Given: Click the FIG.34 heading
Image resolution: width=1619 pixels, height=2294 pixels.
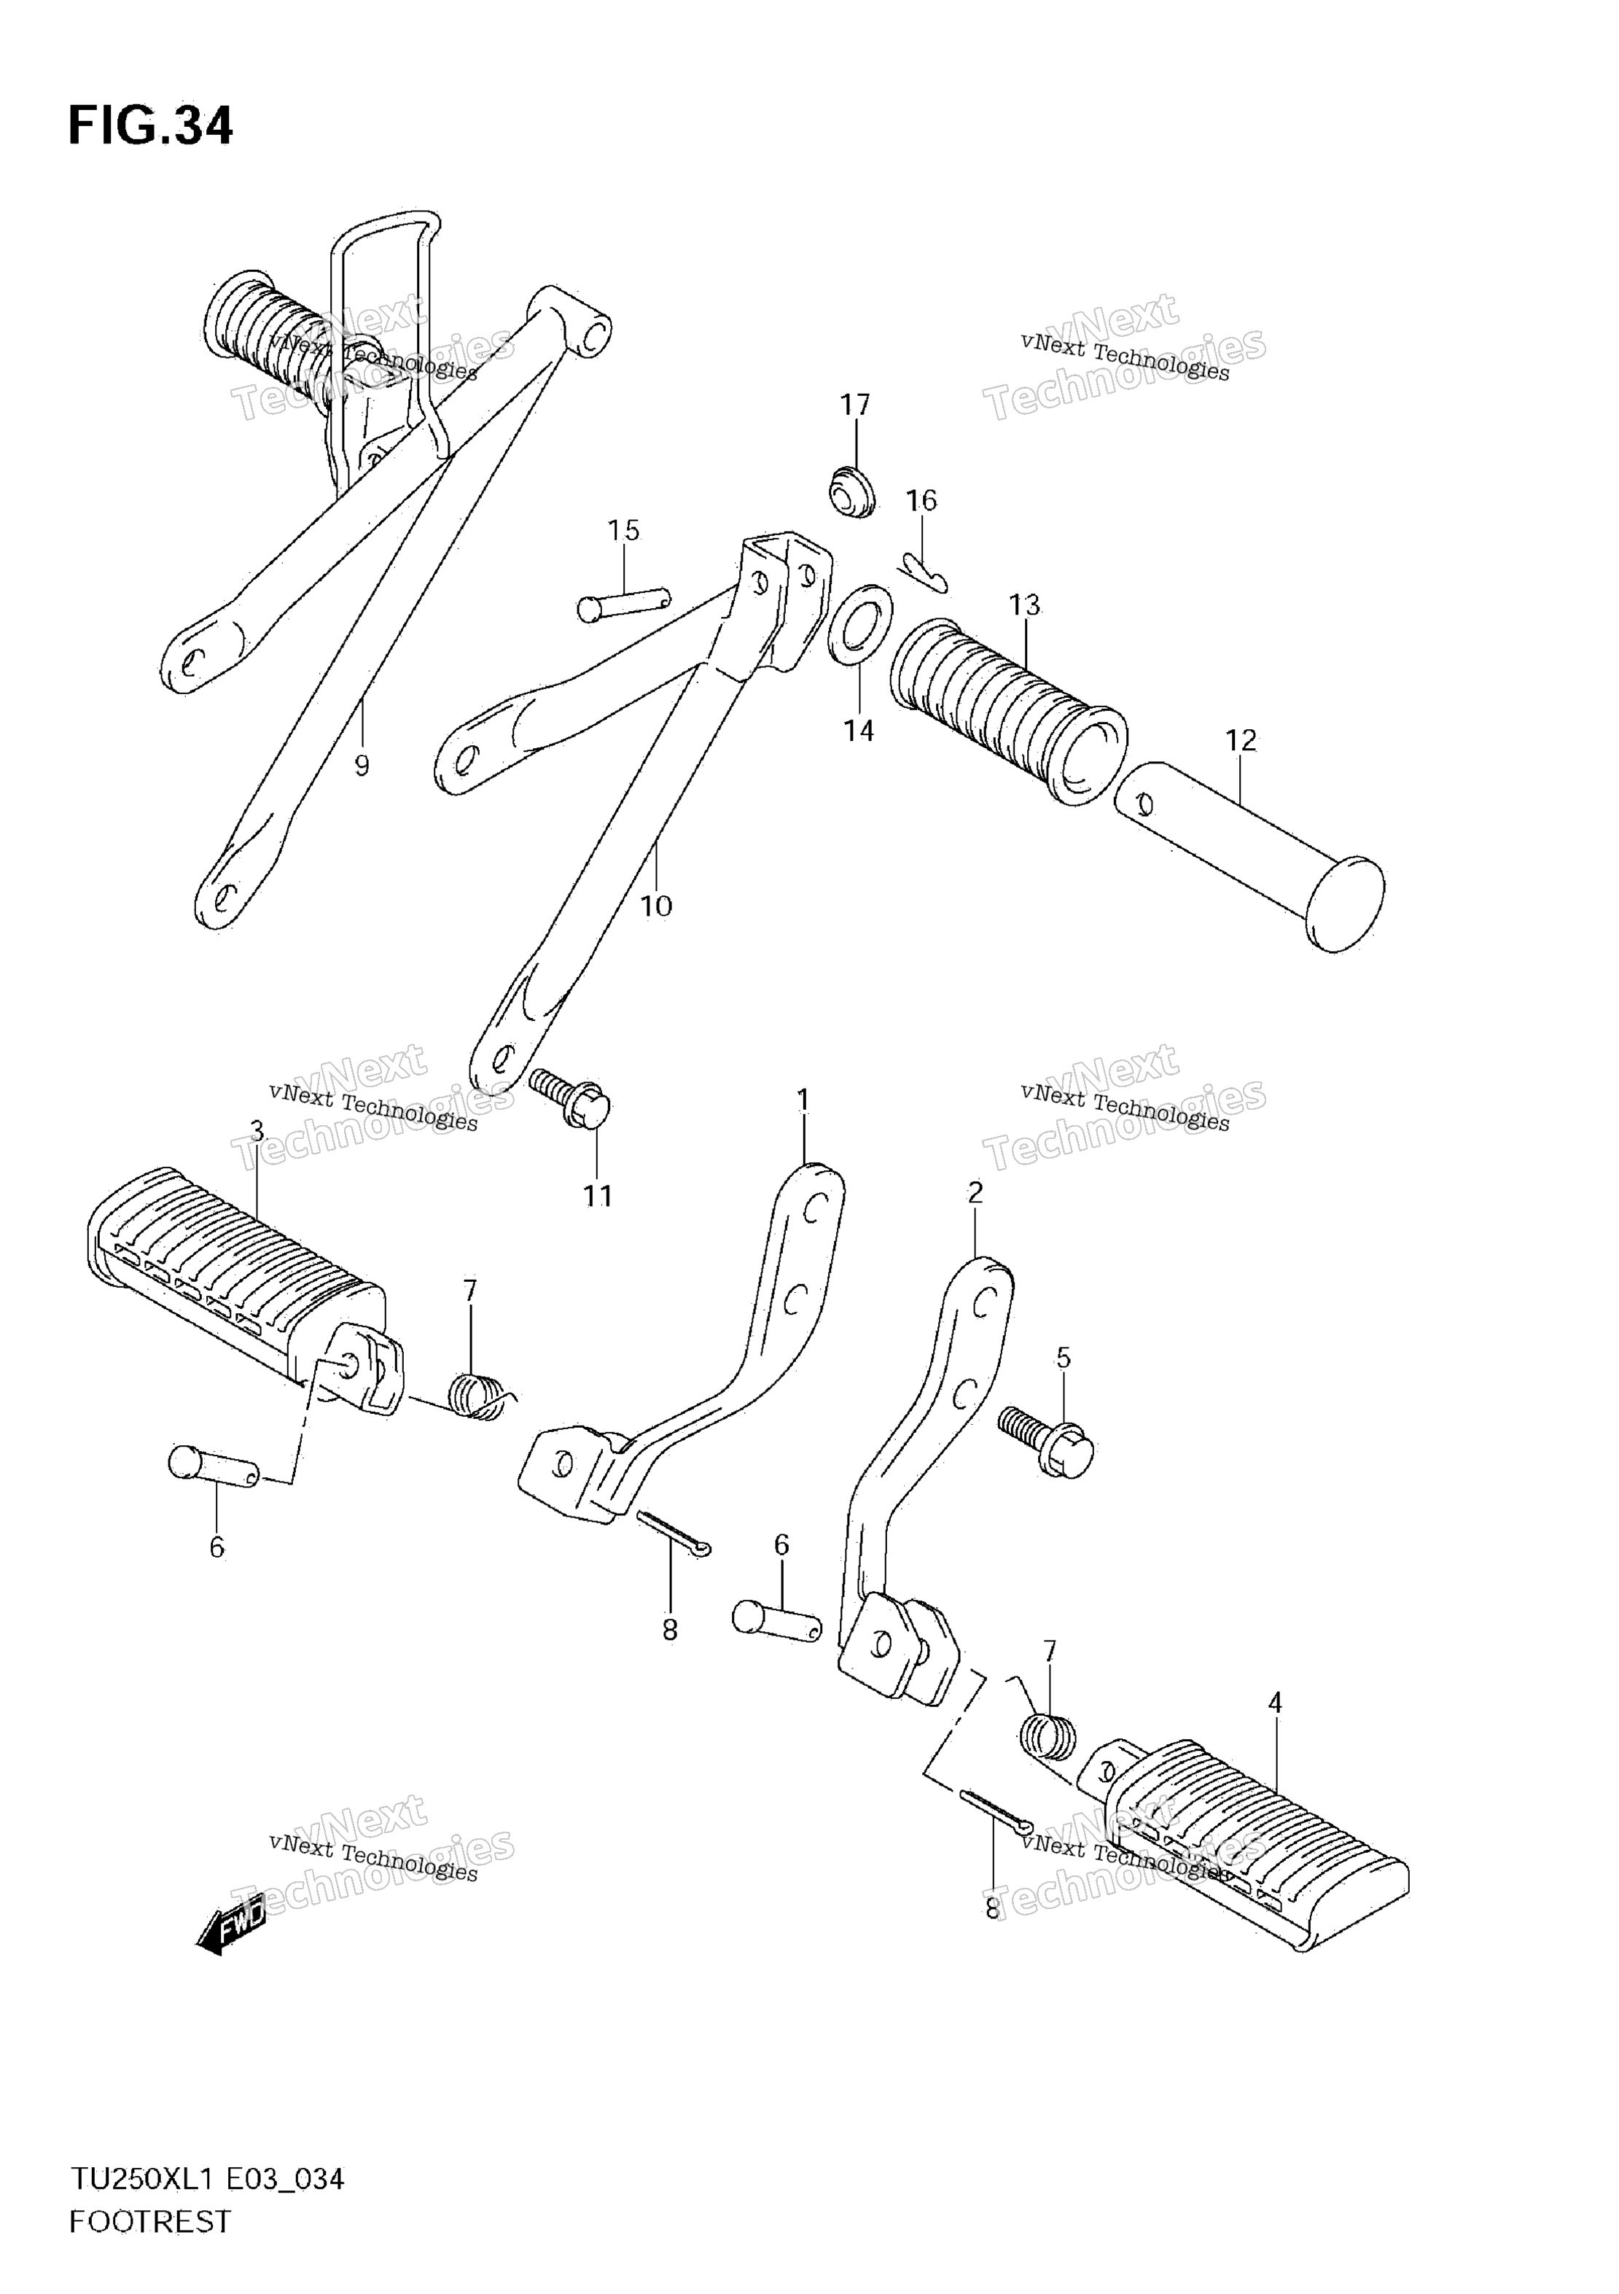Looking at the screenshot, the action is (150, 127).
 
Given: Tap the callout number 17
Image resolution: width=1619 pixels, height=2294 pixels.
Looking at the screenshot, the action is (855, 405).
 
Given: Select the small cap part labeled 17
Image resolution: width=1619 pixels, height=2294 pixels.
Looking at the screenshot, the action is (853, 491).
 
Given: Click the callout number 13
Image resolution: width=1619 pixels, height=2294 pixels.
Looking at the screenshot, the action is (1023, 605).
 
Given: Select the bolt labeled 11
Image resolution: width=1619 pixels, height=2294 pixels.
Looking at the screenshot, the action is (570, 1099).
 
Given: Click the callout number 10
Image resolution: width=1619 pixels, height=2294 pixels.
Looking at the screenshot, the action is (656, 906).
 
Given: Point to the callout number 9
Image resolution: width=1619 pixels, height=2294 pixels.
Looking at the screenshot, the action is (362, 766).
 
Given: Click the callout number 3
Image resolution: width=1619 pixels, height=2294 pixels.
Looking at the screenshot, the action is (257, 1131).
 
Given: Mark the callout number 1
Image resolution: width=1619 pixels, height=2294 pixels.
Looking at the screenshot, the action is (803, 1100).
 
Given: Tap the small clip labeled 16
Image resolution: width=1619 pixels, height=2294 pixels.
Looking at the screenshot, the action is (924, 570).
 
